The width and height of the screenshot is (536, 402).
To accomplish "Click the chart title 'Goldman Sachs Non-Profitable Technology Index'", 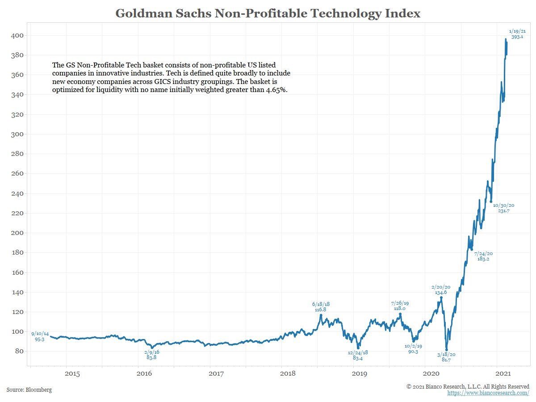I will click(x=268, y=13).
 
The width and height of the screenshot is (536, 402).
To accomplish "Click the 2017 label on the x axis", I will click(x=216, y=373).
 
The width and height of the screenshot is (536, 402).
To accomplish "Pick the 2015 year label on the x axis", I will click(x=72, y=373).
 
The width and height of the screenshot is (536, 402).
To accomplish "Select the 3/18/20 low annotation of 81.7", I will click(x=446, y=357).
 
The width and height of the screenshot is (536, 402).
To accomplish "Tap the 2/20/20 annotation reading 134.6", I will click(x=441, y=290).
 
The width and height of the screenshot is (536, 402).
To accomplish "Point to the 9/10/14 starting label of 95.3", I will click(x=40, y=336).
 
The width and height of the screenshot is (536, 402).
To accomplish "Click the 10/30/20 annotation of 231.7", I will click(x=503, y=208).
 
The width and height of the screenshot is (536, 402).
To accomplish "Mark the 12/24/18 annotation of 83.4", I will click(x=358, y=355).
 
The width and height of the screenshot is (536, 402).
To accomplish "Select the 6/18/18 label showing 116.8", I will click(x=321, y=306).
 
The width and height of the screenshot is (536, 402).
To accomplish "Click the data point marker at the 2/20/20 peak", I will click(x=441, y=297).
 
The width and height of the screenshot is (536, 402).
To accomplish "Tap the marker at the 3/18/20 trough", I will click(x=446, y=350).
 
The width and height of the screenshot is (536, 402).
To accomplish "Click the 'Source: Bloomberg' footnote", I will click(x=29, y=390).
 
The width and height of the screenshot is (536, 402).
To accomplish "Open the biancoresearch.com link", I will click(x=488, y=393).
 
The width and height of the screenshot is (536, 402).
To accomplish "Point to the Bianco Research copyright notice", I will click(x=468, y=386).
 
